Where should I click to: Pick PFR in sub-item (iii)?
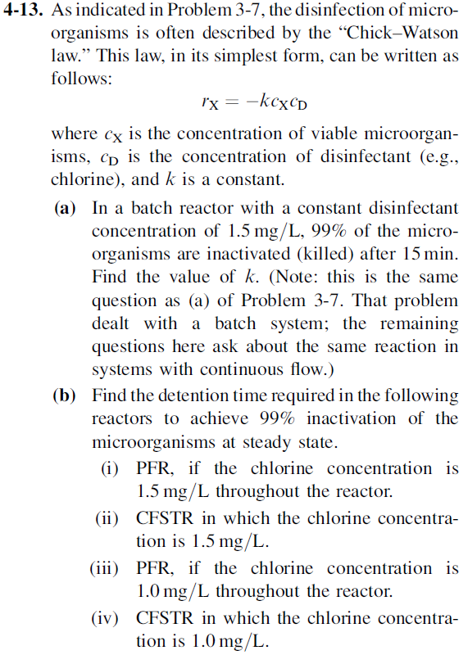tap(153, 567)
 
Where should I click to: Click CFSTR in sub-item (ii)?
tap(166, 518)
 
